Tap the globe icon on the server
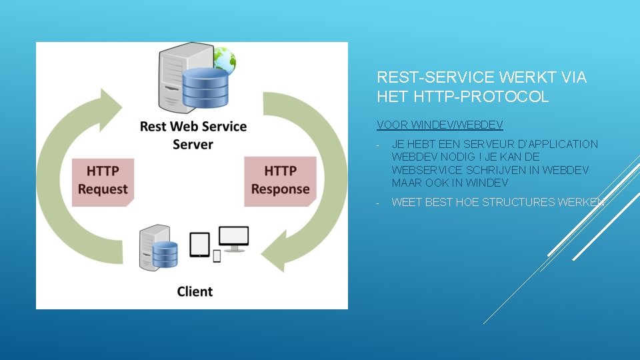225,60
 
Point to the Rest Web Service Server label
193,135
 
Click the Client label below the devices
195,291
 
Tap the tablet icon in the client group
199,244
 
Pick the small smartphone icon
217,255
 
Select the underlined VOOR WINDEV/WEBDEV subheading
439,125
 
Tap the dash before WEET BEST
378,203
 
